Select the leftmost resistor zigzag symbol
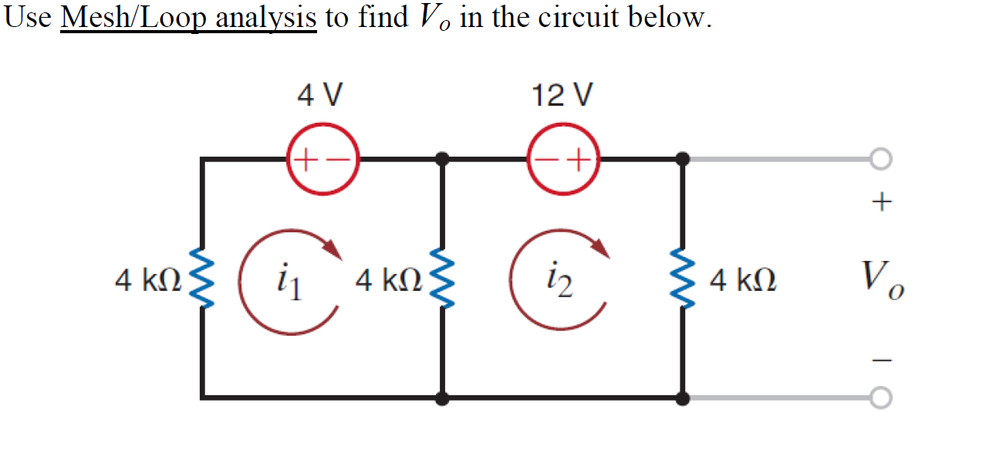click(203, 279)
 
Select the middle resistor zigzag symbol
click(443, 279)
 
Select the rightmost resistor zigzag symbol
click(683, 279)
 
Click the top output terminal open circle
click(881, 160)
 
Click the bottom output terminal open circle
click(881, 398)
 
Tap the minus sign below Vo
click(881, 359)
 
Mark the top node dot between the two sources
click(442, 160)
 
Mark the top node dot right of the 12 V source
click(683, 160)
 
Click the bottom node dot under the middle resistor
click(442, 398)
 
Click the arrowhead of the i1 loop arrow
click(333, 249)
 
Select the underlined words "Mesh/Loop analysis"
click(188, 17)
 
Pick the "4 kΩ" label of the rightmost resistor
click(743, 280)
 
